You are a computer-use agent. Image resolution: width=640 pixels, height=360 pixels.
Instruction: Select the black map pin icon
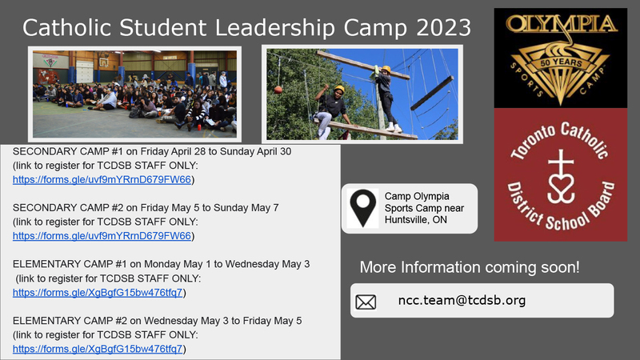[364, 208]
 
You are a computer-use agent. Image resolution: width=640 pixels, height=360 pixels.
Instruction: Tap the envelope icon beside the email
[366, 302]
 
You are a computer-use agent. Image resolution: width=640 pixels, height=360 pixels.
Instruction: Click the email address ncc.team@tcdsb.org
[462, 301]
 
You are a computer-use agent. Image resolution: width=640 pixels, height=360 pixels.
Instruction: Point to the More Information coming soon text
[470, 266]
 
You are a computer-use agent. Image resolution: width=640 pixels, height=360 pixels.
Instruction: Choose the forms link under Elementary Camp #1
[100, 293]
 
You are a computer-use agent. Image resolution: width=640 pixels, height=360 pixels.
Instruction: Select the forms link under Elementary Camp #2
[100, 350]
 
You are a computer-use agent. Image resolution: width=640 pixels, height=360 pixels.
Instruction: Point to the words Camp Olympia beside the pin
[416, 196]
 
